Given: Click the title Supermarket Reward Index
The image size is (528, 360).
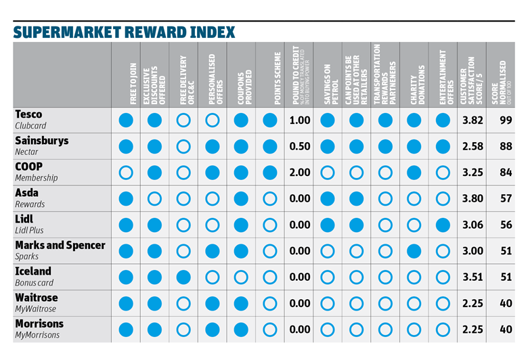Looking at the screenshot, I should (x=124, y=32).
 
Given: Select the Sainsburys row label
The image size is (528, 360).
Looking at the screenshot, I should (x=41, y=141).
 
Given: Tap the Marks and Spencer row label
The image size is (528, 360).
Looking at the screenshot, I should (x=60, y=245).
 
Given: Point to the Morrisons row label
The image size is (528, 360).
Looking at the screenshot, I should (x=39, y=323).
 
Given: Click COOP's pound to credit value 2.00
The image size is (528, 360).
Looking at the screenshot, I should (x=299, y=173).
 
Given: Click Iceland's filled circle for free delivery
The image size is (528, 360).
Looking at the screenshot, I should (x=183, y=277).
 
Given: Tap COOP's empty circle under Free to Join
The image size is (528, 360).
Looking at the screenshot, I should (x=126, y=173).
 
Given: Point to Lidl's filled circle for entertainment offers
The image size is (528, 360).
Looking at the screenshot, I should (x=443, y=225).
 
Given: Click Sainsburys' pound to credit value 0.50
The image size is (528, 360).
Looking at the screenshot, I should (x=299, y=147).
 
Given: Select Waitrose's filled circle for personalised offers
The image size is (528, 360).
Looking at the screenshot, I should (x=213, y=303).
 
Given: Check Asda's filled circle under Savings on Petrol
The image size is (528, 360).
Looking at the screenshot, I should (x=328, y=199).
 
